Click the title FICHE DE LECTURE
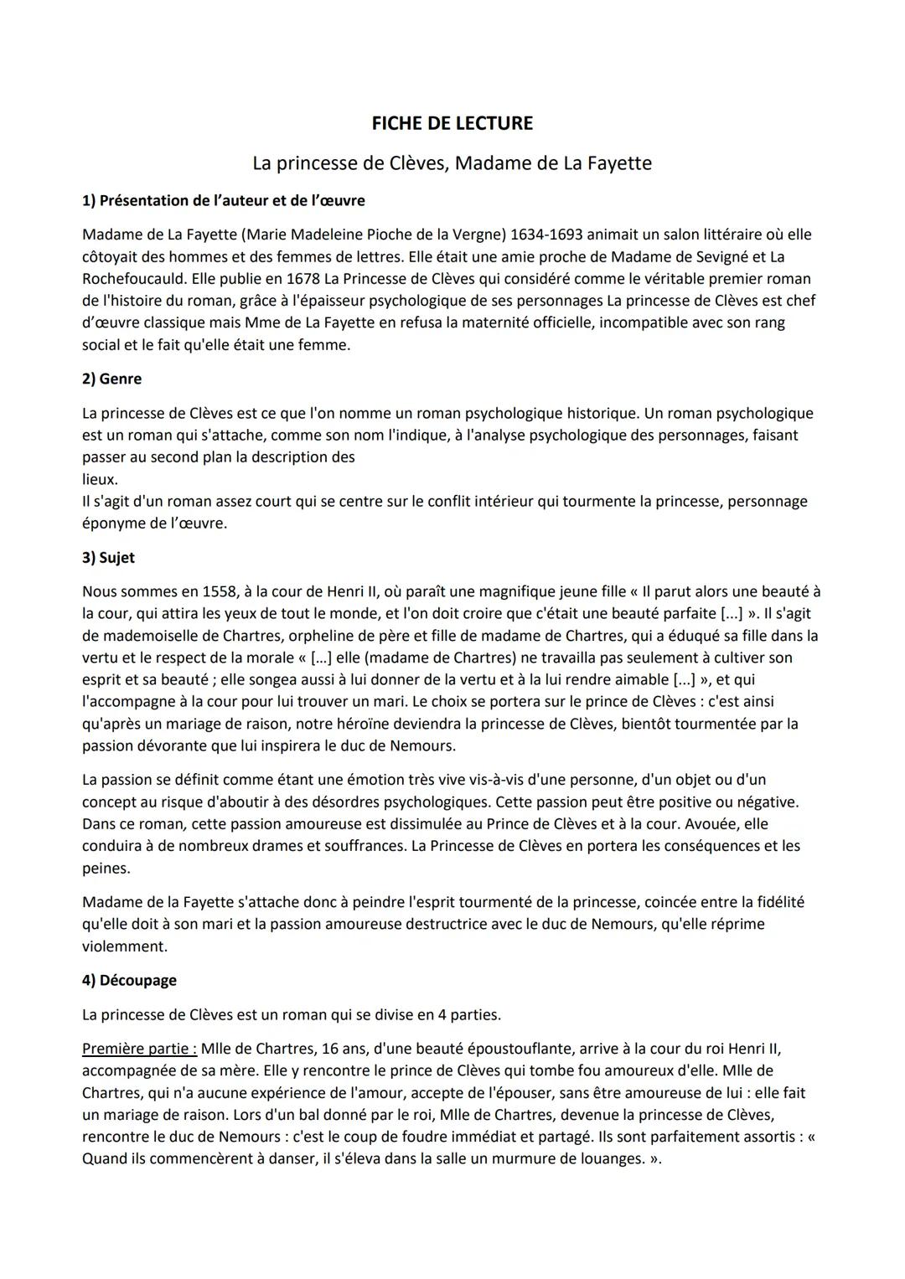pos(452,123)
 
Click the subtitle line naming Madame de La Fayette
pos(452,162)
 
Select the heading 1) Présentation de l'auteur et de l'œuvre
pos(223,200)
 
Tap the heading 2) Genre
pos(111,379)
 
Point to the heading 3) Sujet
pos(108,557)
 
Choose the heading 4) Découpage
pos(129,980)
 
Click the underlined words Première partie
pos(139,1048)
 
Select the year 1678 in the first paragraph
pos(303,278)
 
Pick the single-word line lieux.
pos(100,479)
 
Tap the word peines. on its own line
pos(106,869)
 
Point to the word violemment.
pos(125,946)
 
